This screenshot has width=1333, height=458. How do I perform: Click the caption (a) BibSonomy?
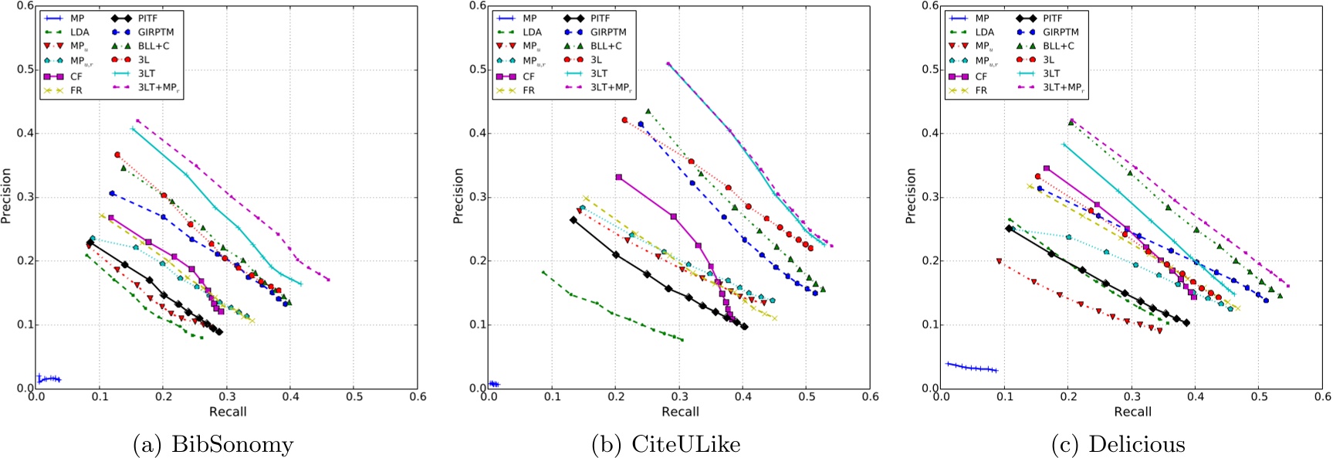click(213, 445)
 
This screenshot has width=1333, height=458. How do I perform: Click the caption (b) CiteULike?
click(665, 445)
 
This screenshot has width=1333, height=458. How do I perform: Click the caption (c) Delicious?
click(1118, 445)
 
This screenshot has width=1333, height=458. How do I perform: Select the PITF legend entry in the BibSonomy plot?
click(147, 18)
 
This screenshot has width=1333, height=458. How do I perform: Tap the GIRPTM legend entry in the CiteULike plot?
click(608, 32)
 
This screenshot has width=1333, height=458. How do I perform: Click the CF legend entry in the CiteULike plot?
click(529, 76)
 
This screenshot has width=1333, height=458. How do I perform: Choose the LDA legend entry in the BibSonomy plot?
click(80, 32)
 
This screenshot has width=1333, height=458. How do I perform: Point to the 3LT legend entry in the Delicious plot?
click(1052, 73)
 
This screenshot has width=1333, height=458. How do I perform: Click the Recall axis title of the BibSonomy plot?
click(228, 412)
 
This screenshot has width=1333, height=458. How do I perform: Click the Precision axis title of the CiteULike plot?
click(458, 197)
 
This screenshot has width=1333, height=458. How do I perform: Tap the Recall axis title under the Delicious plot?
click(1132, 412)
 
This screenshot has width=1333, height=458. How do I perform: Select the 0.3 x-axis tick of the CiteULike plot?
click(679, 396)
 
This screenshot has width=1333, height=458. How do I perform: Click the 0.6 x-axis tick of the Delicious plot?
click(1322, 396)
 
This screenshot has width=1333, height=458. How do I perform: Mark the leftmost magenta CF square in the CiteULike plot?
click(618, 177)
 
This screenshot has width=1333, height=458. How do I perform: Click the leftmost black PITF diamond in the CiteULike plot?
click(573, 220)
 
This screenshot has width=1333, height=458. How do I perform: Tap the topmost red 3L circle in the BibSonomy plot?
click(117, 154)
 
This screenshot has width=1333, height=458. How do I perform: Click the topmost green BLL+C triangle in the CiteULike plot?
click(648, 111)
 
